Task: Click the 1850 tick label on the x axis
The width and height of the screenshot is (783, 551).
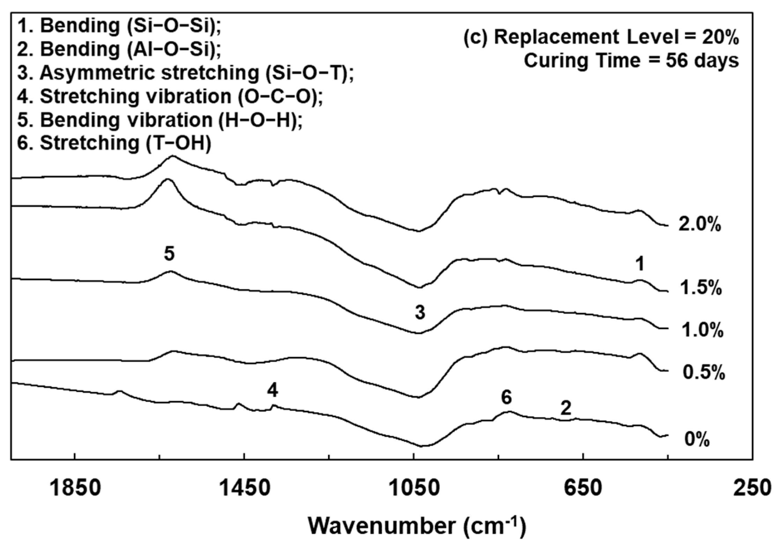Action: [x=75, y=488]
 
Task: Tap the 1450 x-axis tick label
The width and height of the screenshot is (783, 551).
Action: [x=244, y=488]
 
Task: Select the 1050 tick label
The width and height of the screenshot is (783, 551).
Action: [x=414, y=488]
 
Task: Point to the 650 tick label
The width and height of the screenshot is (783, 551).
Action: [x=583, y=488]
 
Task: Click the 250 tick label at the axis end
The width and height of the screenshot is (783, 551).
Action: [x=752, y=488]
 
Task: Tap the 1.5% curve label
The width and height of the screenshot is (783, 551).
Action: [x=701, y=288]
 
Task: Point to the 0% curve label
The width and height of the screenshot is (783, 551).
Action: [x=697, y=439]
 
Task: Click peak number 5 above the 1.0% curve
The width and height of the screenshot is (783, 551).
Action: [x=169, y=254]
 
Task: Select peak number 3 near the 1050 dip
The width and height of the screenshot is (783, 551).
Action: [x=420, y=312]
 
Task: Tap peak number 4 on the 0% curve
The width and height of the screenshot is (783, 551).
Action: [x=273, y=390]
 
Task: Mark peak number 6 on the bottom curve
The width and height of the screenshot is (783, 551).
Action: [x=507, y=398]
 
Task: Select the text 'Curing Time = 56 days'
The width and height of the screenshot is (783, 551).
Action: [x=631, y=61]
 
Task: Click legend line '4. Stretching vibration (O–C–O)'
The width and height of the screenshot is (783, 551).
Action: [x=170, y=96]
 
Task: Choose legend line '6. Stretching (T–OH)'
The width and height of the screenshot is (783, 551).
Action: [x=115, y=143]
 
